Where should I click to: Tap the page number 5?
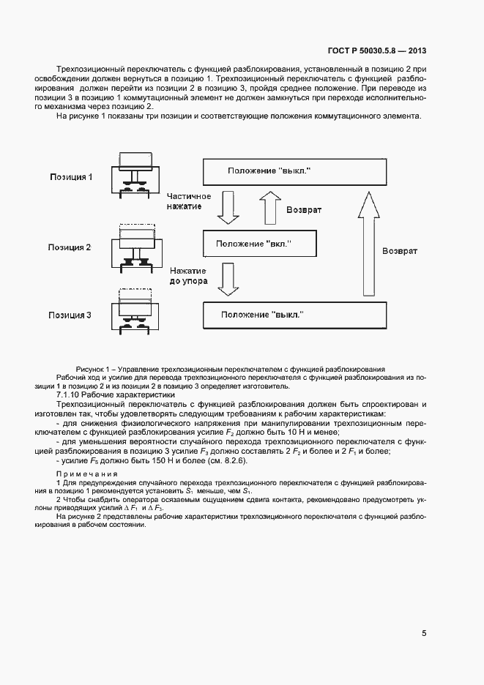click(424, 633)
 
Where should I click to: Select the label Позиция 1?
click(71, 177)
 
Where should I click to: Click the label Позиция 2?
click(70, 247)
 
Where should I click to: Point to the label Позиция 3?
click(70, 315)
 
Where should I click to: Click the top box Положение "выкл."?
click(294, 171)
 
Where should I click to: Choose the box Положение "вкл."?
click(259, 242)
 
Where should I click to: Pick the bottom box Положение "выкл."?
click(294, 314)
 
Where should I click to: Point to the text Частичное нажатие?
click(189, 202)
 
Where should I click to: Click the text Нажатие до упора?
click(189, 274)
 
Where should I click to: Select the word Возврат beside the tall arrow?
click(400, 251)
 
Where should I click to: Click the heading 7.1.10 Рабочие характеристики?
click(100, 395)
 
